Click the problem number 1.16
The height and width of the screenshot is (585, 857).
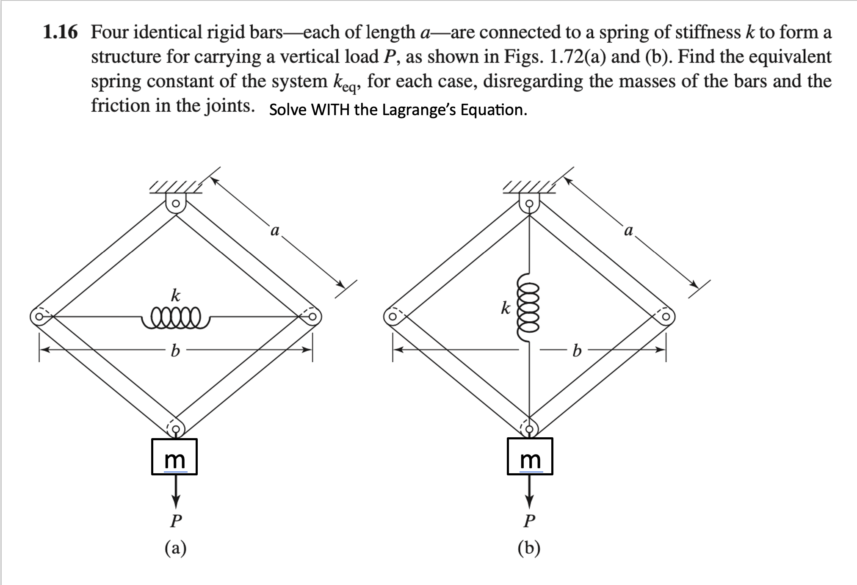61,33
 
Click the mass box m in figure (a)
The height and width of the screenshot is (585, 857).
174,457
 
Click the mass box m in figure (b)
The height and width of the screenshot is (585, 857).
530,457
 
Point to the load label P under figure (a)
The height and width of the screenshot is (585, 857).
175,521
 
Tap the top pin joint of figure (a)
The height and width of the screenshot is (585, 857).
175,204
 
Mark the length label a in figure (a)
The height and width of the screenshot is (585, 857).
275,230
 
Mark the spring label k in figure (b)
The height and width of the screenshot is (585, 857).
505,308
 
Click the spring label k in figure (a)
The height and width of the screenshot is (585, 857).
175,295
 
